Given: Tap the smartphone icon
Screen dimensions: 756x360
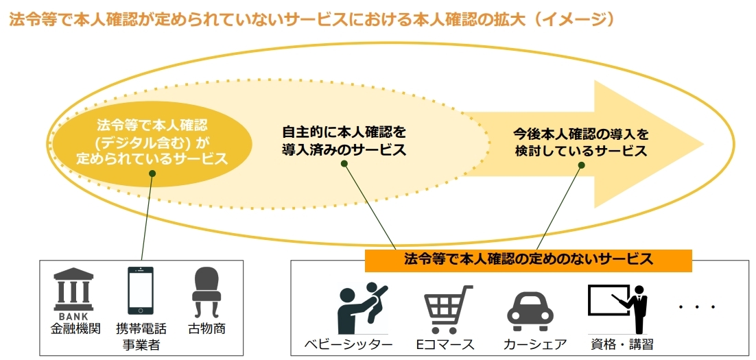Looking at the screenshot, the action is [x=141, y=290].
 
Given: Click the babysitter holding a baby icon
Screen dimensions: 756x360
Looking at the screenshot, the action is [x=363, y=308].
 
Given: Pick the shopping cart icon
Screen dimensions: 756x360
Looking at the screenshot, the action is [x=447, y=309].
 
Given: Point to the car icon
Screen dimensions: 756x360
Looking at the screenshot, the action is [x=530, y=311].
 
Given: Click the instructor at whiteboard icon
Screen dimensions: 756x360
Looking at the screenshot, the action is [x=617, y=309].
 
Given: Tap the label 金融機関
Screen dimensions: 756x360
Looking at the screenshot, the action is [x=75, y=329].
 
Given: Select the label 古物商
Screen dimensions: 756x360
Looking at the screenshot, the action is [x=206, y=329].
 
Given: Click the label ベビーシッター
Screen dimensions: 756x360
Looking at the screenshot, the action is [x=348, y=345].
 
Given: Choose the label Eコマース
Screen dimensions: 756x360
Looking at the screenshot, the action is [x=445, y=345].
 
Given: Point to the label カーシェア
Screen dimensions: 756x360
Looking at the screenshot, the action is [x=534, y=345].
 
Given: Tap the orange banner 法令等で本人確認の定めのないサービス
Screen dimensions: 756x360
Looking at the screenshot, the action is [x=528, y=261].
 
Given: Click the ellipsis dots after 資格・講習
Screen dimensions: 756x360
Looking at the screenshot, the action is [x=697, y=307].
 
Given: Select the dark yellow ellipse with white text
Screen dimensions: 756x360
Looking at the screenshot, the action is [x=152, y=144].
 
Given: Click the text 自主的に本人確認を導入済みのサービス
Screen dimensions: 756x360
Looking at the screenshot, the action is [x=344, y=141].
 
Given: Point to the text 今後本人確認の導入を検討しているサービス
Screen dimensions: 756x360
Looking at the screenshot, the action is [x=581, y=141].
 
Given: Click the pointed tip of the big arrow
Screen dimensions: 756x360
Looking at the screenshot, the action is [x=703, y=144].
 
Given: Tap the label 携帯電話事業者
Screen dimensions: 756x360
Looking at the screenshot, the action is [x=141, y=337].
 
